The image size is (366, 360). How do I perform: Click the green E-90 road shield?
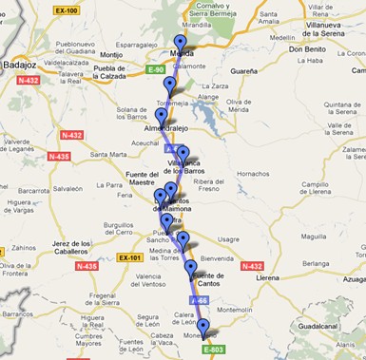tap(156, 69)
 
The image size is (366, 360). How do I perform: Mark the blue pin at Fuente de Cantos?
tap(190, 269)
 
